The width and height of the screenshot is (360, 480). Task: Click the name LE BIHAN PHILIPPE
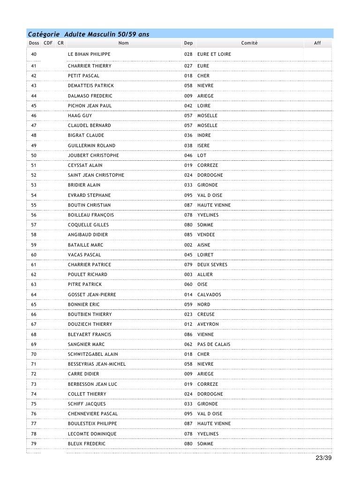click(89, 54)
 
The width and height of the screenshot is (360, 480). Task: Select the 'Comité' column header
click(249, 43)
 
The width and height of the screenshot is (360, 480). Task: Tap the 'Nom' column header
click(124, 43)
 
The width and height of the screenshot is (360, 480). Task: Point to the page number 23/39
click(323, 458)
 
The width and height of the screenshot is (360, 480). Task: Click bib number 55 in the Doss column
click(34, 205)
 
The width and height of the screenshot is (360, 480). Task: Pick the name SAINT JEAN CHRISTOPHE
click(96, 175)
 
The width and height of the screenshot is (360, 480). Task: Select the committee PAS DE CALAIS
click(214, 345)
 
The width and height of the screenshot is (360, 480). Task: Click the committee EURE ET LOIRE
click(214, 54)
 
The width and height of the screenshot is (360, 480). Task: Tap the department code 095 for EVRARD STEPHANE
click(188, 195)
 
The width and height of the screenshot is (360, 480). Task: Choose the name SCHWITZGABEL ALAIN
click(93, 354)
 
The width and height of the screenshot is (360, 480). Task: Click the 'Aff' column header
click(317, 43)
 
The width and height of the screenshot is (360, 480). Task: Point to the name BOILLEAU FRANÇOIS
click(91, 215)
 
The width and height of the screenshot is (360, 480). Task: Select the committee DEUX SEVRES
click(212, 265)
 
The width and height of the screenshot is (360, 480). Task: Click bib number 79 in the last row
click(34, 444)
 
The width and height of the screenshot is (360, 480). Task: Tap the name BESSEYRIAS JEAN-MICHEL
click(97, 364)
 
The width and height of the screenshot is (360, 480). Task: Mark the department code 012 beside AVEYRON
click(188, 324)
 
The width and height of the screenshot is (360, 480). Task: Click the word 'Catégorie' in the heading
click(44, 34)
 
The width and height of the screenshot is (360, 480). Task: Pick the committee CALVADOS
click(209, 295)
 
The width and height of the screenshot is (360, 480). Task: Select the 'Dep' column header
click(188, 43)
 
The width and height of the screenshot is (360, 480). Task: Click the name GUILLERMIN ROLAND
click(91, 146)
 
